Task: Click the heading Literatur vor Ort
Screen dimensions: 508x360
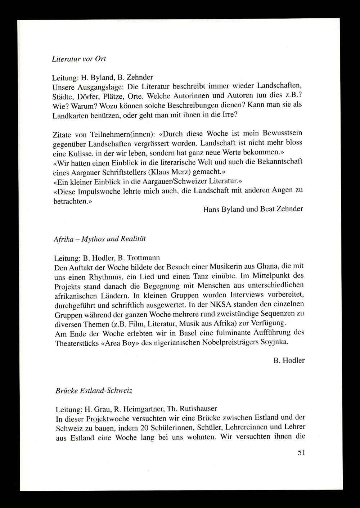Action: (x=79, y=58)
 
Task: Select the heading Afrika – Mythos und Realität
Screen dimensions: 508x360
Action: (x=99, y=239)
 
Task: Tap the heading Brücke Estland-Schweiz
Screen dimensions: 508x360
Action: (x=94, y=390)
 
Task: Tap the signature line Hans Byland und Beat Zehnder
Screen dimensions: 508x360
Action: (x=253, y=209)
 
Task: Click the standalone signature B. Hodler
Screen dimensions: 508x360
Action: (x=289, y=360)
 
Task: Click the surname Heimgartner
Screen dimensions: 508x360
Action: (x=139, y=409)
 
